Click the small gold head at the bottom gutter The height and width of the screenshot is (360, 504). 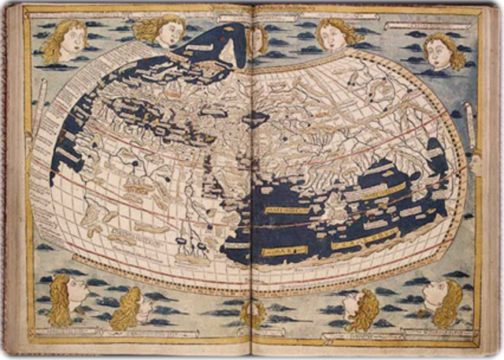(254, 313)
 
